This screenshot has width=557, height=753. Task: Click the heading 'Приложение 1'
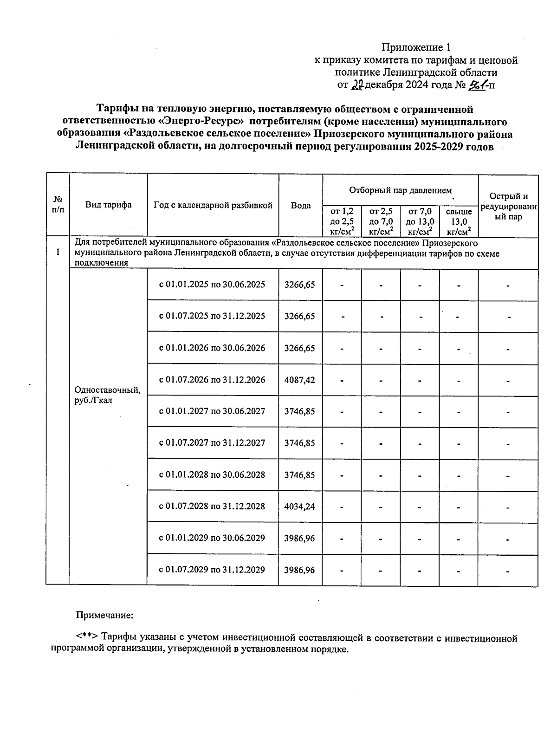(416, 47)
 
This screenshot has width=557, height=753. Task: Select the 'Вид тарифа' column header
(108, 205)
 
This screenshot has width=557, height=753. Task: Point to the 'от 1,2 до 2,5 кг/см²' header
(342, 221)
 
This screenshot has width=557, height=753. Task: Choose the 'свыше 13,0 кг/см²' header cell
(459, 221)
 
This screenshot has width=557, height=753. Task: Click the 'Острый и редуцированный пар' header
(508, 206)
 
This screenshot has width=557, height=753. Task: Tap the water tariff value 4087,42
(300, 380)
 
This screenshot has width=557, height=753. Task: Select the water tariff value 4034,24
(300, 506)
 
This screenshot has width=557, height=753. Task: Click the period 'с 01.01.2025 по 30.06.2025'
(212, 284)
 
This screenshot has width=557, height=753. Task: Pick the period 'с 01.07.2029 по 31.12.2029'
(212, 570)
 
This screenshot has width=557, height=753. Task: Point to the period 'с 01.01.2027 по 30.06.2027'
(212, 411)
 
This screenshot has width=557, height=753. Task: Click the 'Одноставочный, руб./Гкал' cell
(107, 395)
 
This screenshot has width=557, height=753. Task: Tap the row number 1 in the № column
(58, 252)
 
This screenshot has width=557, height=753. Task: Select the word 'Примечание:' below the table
(104, 615)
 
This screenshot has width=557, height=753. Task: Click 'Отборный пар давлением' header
(400, 190)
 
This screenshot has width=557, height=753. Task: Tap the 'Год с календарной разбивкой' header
(213, 205)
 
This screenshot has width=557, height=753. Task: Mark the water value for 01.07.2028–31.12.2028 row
(300, 506)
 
